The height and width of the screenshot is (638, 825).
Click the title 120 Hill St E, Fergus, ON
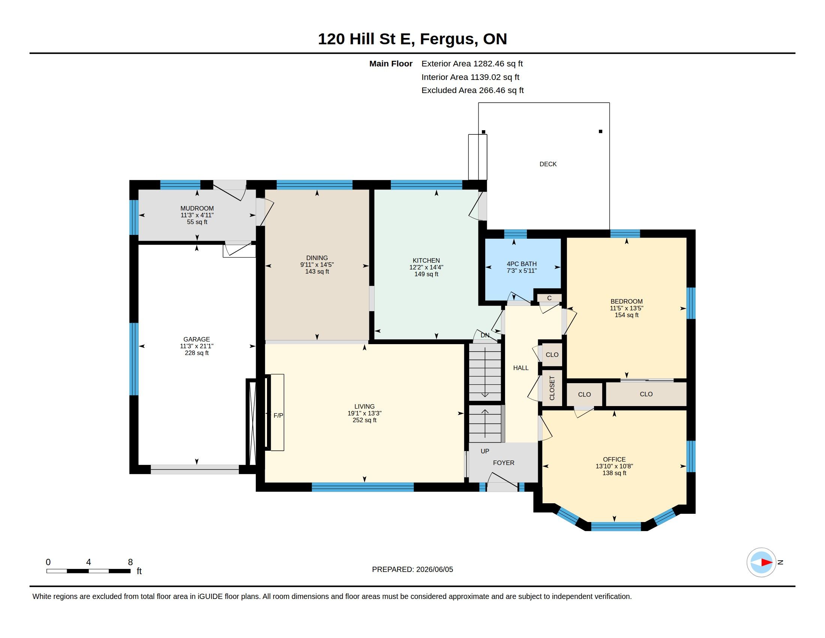click(x=412, y=39)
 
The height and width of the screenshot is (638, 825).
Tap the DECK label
click(x=548, y=164)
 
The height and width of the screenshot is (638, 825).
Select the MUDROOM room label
click(x=197, y=208)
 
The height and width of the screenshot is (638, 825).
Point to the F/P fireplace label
click(x=278, y=415)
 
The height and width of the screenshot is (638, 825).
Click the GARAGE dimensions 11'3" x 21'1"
click(x=197, y=346)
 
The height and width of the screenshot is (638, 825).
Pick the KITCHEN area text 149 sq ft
click(x=426, y=274)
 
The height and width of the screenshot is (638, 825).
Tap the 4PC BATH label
click(x=522, y=264)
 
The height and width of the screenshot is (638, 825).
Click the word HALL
click(x=520, y=368)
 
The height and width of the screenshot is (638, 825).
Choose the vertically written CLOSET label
click(x=552, y=388)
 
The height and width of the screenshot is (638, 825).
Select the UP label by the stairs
click(x=484, y=451)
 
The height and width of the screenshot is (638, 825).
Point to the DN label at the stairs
click(x=485, y=335)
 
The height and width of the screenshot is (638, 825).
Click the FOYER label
click(x=504, y=463)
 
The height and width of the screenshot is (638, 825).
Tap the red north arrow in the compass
click(x=766, y=563)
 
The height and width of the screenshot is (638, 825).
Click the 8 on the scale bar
click(x=130, y=562)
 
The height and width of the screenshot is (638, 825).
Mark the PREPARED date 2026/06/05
click(x=434, y=569)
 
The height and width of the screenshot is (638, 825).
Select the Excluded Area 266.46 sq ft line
click(x=472, y=90)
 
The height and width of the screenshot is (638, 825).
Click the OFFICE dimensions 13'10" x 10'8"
click(x=614, y=466)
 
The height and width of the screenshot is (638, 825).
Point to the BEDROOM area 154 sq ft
click(x=626, y=315)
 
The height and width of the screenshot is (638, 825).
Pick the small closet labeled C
click(x=549, y=298)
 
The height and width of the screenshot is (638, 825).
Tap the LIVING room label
click(x=364, y=407)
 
